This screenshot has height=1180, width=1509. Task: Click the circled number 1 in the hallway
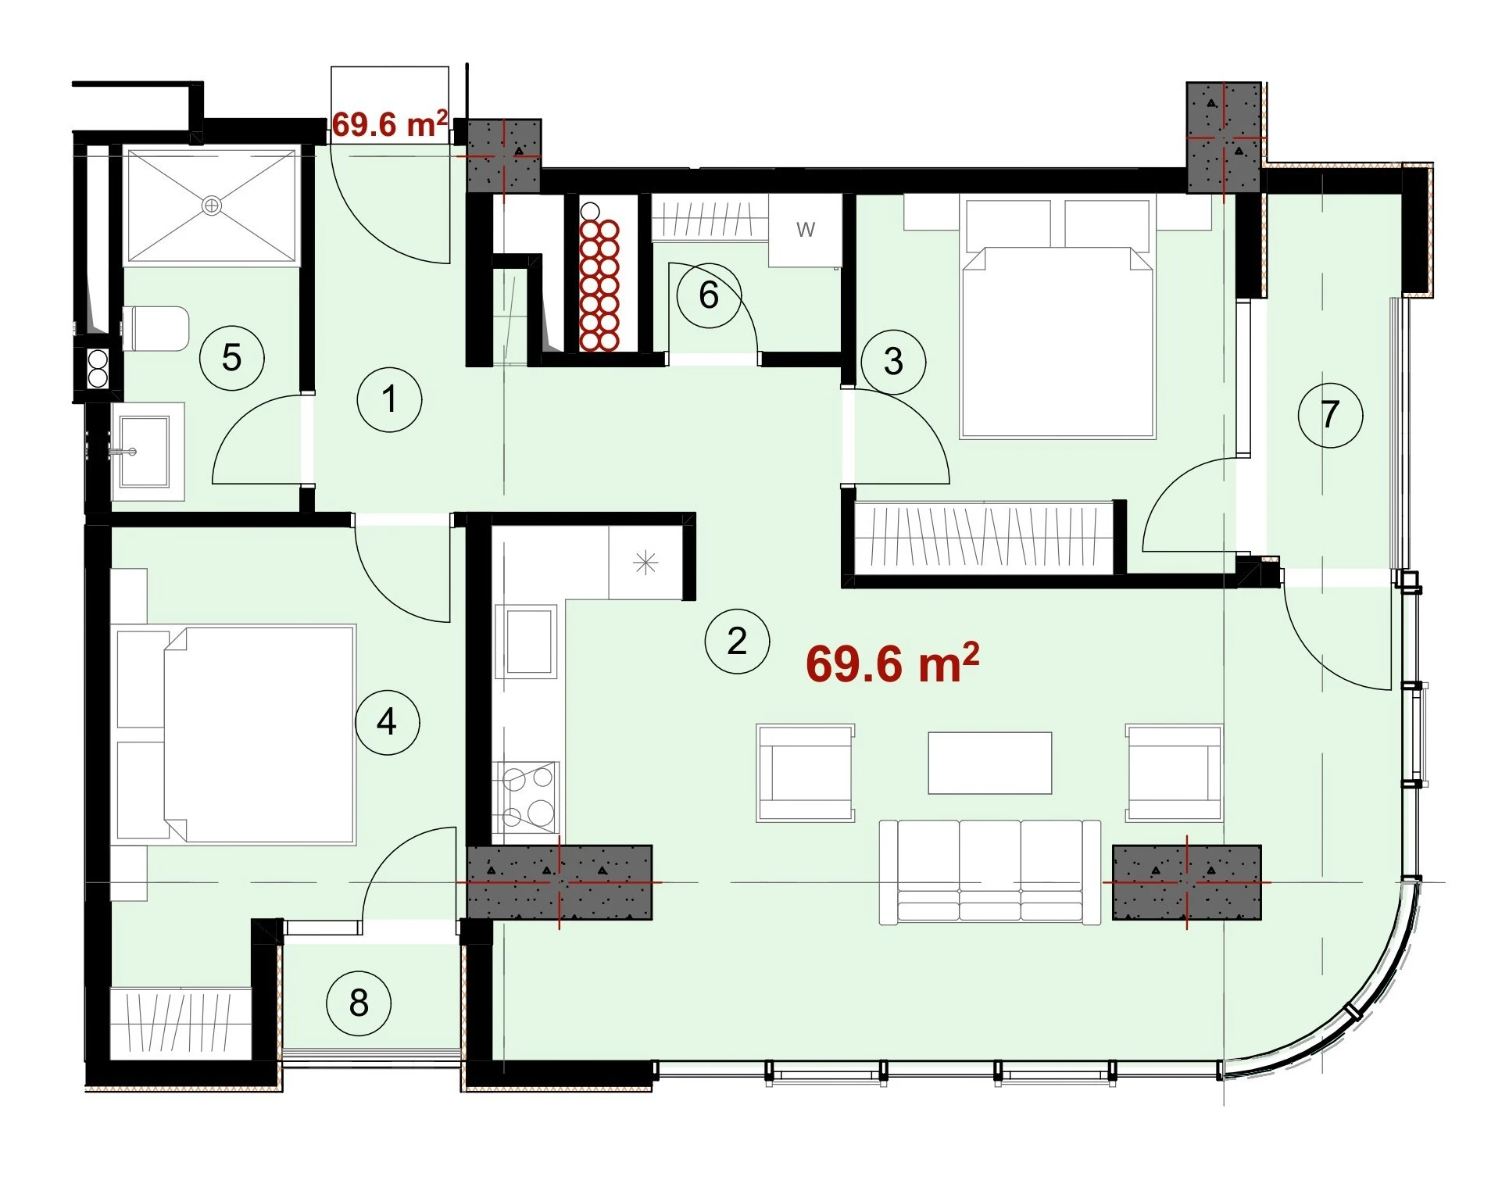pos(389,399)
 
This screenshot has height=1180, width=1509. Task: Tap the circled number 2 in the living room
pos(737,641)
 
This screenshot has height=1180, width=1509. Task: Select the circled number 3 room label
pos(893,361)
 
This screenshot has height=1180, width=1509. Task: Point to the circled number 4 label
pos(387,721)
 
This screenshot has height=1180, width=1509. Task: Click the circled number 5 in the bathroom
pos(231,357)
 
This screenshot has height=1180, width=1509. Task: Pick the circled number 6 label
pos(709,295)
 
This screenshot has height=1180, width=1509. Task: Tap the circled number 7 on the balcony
pos(1330,414)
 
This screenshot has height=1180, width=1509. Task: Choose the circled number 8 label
pos(359,1003)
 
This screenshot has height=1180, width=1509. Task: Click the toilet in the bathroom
pos(156,328)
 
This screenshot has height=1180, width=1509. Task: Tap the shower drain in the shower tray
pos(211,206)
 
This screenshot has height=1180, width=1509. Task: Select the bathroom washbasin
pos(148,452)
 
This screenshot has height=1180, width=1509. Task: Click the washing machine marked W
pos(806,230)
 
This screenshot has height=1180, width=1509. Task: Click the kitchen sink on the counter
pos(529,641)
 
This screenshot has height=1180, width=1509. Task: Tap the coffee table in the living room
pos(989,763)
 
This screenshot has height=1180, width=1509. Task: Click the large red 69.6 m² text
pos(892,663)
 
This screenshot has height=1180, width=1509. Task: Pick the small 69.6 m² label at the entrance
pos(390,124)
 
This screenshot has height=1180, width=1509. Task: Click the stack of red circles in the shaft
pos(599,284)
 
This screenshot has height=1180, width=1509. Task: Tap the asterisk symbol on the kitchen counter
pos(645,563)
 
